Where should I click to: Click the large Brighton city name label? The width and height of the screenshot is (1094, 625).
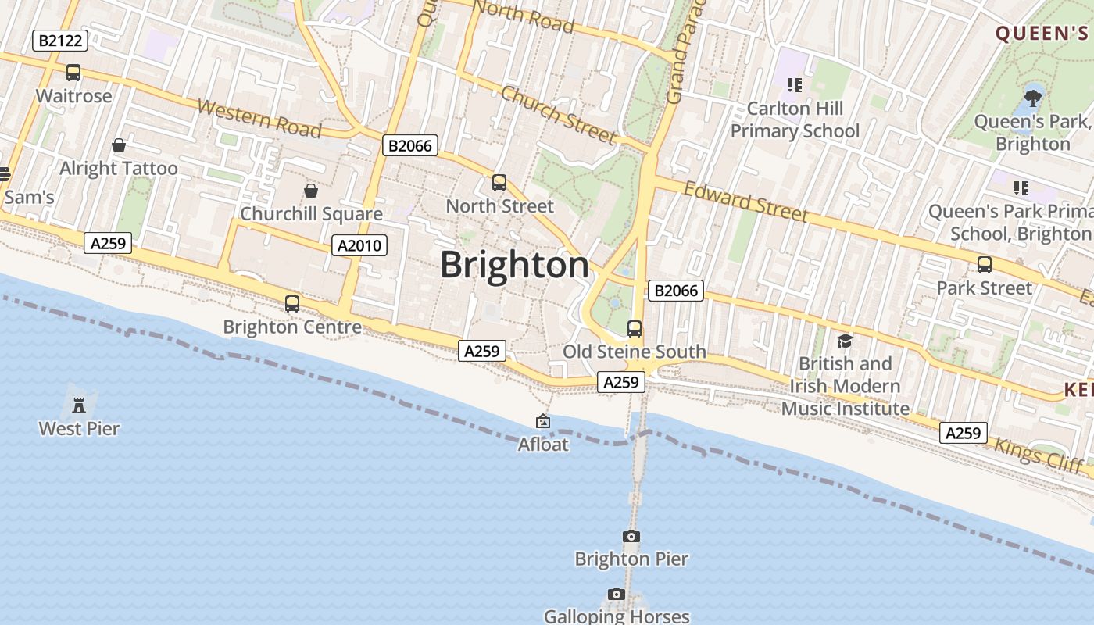[515, 265]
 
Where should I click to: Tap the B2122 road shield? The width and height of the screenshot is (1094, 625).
[60, 41]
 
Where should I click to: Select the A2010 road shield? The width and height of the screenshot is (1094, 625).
[359, 245]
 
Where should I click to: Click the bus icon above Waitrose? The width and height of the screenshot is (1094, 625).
[73, 73]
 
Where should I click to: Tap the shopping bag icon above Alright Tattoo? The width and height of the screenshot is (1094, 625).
[119, 145]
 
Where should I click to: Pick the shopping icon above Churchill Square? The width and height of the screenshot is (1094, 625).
[311, 191]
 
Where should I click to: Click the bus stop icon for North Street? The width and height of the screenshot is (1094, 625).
[499, 183]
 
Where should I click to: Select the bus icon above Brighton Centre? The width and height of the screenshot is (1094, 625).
[292, 304]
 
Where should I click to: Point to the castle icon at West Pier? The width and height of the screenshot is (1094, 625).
[79, 405]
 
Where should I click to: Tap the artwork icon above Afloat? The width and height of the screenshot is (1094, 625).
[543, 422]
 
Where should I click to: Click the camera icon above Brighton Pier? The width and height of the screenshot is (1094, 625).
[631, 536]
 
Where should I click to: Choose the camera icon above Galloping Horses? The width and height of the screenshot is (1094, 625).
[617, 595]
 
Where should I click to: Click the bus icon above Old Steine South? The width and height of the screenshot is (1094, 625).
[635, 329]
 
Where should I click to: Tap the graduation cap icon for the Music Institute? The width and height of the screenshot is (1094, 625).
[845, 341]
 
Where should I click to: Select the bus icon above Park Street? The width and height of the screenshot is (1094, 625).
[985, 265]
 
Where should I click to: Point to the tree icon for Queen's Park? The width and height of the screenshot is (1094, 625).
[1032, 98]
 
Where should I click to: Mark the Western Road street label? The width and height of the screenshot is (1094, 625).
[259, 118]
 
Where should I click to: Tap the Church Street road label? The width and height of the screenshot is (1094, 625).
[558, 115]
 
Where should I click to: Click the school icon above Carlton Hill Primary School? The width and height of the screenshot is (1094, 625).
[795, 84]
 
